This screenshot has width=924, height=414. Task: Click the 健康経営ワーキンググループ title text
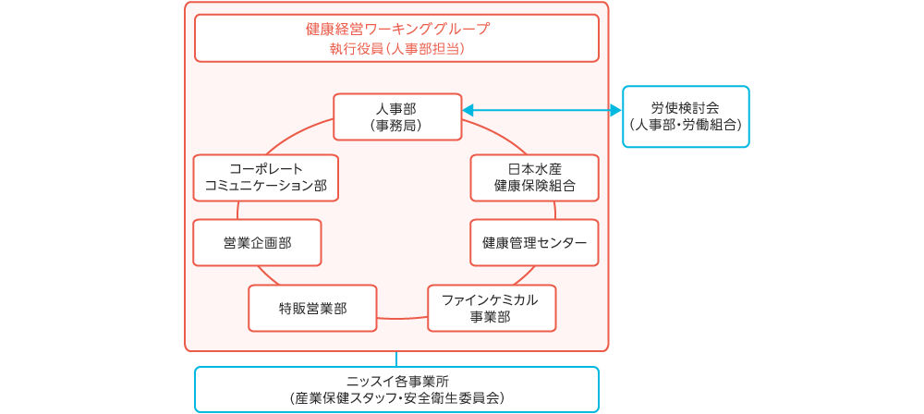tap(396, 29)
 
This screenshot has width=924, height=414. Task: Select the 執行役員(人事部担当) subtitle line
tap(396, 48)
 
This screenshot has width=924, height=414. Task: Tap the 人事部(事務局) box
tap(396, 116)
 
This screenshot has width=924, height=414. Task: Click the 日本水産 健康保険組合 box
tap(534, 177)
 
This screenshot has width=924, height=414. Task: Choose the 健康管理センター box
tap(534, 242)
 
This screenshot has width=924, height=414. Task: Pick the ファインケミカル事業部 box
tap(491, 308)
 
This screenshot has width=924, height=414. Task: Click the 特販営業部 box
tap(312, 308)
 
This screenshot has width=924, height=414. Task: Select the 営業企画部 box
tap(257, 242)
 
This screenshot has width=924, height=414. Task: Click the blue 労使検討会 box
tap(686, 116)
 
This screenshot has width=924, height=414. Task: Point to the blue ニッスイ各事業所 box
tap(396, 389)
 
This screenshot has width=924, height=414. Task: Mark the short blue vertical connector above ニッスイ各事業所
tap(396, 359)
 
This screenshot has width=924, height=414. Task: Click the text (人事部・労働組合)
tap(686, 125)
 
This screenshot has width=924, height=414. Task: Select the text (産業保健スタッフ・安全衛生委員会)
tap(396, 398)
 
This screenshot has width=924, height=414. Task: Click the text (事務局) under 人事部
tap(396, 125)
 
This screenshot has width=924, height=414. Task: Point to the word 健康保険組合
tap(534, 186)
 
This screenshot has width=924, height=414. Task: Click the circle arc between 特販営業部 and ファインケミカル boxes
tap(402, 318)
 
